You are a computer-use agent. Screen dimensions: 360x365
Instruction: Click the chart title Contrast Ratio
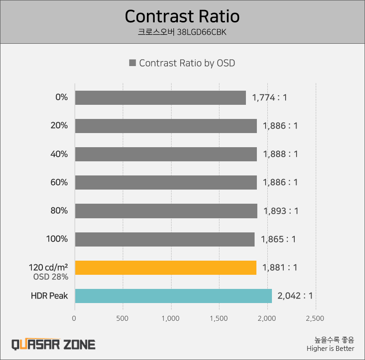(x=182, y=16)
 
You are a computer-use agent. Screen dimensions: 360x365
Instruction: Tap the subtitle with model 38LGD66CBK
(x=182, y=33)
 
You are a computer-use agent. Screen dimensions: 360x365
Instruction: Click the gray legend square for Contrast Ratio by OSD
(x=133, y=63)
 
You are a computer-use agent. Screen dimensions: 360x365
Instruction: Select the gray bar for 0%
(x=160, y=98)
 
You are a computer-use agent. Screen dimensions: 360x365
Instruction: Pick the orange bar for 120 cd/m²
(x=166, y=267)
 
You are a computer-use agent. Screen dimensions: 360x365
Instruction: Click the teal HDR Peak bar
(x=173, y=296)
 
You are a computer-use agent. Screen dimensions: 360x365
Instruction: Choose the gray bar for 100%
(x=165, y=239)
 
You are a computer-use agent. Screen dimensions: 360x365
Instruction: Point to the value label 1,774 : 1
(x=269, y=98)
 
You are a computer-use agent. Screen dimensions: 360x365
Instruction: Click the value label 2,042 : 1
(x=295, y=296)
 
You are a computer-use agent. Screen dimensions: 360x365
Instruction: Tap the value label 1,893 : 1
(x=281, y=211)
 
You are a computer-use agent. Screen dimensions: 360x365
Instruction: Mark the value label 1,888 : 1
(x=280, y=154)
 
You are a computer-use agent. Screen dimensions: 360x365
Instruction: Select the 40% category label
(x=59, y=154)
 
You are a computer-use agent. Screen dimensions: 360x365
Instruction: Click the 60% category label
(x=59, y=182)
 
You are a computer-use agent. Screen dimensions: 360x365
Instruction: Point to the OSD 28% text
(x=51, y=277)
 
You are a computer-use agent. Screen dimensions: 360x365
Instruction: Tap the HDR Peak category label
(x=49, y=296)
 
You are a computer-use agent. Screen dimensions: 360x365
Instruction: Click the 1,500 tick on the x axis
(x=219, y=318)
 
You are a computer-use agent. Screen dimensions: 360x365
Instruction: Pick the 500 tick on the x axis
(x=123, y=318)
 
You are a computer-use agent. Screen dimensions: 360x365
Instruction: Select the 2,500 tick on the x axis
(x=315, y=318)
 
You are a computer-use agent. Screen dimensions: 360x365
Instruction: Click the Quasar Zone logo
(x=53, y=344)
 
